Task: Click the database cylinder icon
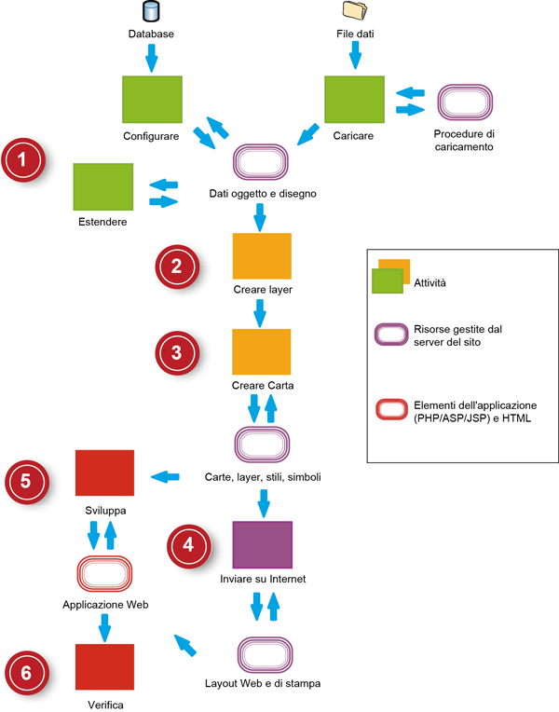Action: (x=150, y=12)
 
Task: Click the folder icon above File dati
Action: (x=355, y=11)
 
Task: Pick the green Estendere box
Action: (x=103, y=187)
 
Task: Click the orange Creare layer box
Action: (x=262, y=256)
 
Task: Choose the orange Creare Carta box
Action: (x=262, y=352)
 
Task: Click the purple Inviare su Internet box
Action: (x=262, y=546)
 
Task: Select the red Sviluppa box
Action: (x=105, y=474)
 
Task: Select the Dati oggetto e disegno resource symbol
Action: (x=262, y=165)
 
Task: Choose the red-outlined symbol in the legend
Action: (x=390, y=411)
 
